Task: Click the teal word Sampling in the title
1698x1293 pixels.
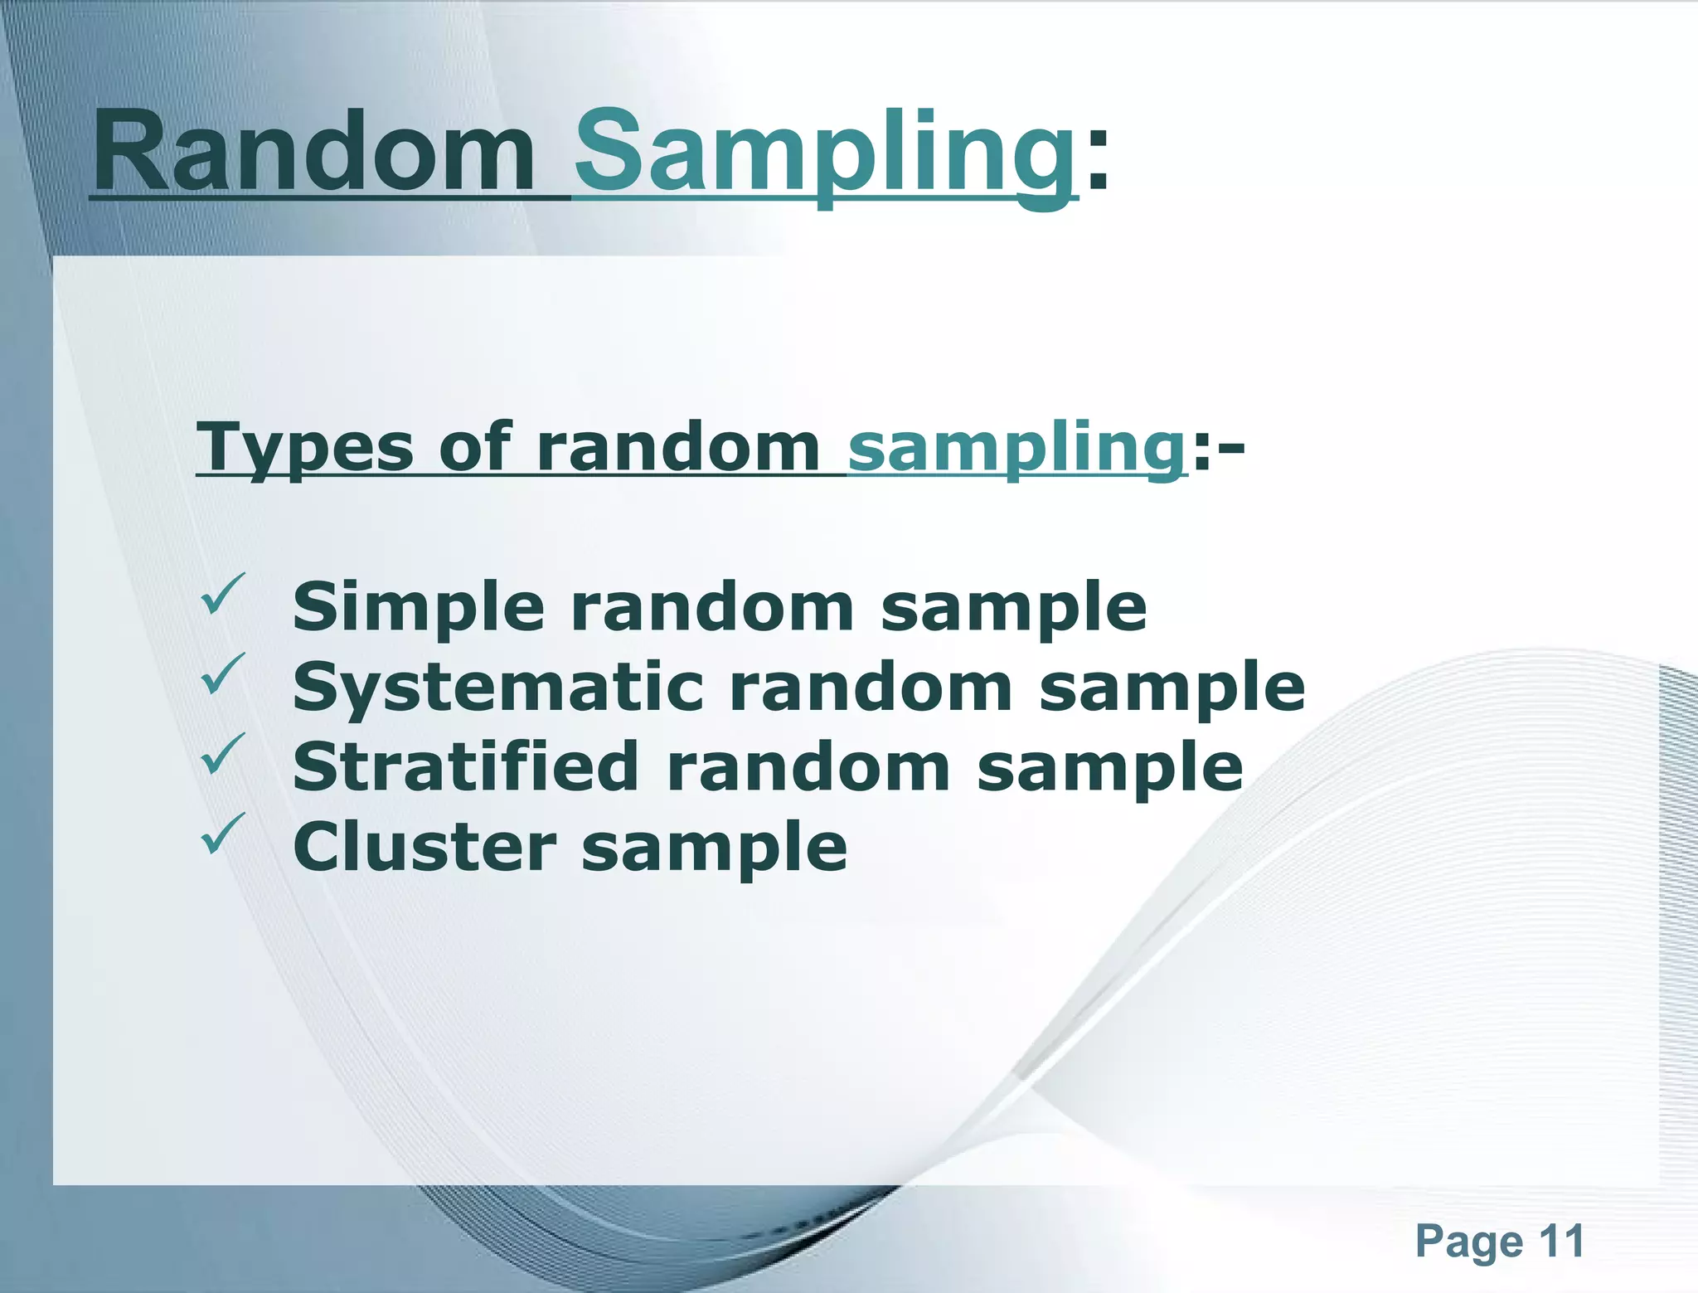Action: point(825,153)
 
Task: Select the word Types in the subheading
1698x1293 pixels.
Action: point(303,449)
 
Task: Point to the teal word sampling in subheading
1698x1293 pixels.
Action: point(1016,449)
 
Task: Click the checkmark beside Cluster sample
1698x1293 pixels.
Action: point(223,833)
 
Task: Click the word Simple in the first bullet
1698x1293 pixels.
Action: point(418,608)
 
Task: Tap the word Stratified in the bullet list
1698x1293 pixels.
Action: point(464,767)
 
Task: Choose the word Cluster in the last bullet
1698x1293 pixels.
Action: point(424,847)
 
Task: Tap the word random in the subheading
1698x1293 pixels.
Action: point(678,447)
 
